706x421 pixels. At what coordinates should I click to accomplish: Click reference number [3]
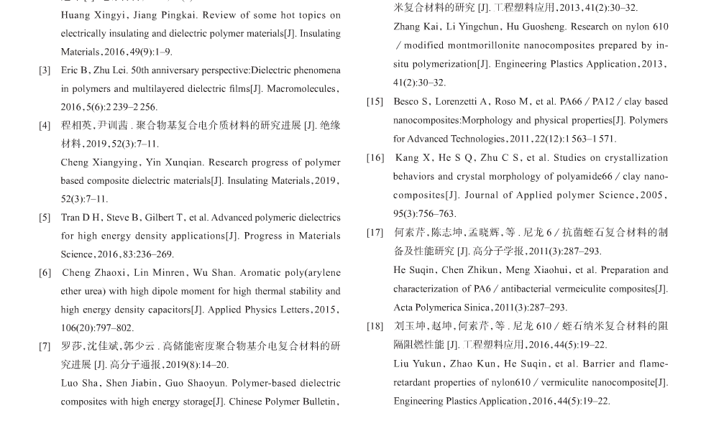[45, 70]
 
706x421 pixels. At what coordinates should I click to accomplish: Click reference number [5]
[45, 218]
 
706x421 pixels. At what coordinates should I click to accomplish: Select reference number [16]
[375, 158]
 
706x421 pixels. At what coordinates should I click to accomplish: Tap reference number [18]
[375, 326]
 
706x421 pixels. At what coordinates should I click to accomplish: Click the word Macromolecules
[301, 89]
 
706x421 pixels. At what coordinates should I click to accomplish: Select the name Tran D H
[81, 218]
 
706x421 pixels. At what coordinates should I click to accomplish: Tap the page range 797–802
[114, 328]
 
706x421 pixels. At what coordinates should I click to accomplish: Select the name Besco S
[412, 102]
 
